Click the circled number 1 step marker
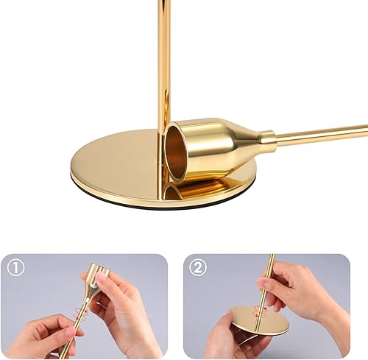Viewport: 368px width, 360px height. coord(15,268)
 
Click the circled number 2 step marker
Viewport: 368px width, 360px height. coord(197,268)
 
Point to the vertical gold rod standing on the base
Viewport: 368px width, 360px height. coord(163,59)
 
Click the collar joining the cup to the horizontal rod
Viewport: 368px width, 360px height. coord(266,138)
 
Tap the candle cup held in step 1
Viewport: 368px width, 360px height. coord(96,283)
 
